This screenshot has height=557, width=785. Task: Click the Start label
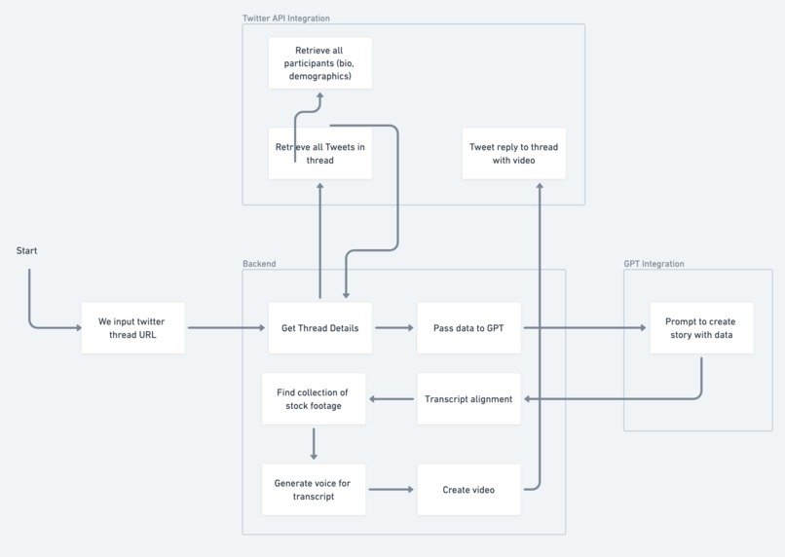[x=26, y=251]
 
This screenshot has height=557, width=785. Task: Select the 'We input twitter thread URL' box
[x=132, y=328]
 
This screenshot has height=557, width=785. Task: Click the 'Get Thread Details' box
[x=319, y=328]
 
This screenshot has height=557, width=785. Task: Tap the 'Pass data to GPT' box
[x=468, y=328]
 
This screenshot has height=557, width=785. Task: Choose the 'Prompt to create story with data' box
[x=700, y=328]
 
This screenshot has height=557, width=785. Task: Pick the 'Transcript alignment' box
[x=468, y=399]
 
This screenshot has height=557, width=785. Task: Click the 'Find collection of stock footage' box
[x=313, y=399]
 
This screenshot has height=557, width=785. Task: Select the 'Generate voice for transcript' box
[x=313, y=490]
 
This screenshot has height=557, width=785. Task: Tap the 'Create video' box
[x=468, y=490]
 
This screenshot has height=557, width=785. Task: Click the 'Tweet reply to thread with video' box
[x=513, y=154]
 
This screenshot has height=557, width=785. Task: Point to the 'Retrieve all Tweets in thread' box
[x=319, y=154]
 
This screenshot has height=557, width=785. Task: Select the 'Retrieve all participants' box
[x=319, y=63]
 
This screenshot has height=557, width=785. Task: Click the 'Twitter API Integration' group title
[x=285, y=19]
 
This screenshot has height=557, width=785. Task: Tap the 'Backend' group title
[x=259, y=264]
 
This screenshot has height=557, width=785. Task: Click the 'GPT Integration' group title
[x=654, y=264]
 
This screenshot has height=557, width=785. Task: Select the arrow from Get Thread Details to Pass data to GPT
[x=393, y=328]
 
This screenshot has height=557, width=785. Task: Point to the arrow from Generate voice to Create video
[x=392, y=490]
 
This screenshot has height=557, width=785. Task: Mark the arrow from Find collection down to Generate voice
[x=314, y=444]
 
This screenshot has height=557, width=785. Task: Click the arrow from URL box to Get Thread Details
[x=226, y=328]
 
